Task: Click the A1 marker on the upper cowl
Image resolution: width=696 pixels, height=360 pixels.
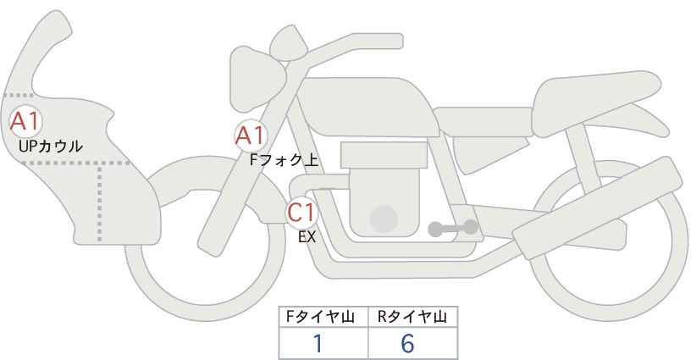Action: (25, 121)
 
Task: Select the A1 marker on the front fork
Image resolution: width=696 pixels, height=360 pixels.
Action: (251, 136)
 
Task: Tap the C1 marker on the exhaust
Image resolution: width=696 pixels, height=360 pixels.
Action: (301, 212)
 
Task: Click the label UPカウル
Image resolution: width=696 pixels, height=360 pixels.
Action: (51, 146)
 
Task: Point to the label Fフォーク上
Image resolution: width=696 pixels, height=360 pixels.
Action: (284, 159)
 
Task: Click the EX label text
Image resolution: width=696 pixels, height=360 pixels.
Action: (307, 237)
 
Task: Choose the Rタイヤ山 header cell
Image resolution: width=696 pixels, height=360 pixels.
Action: (413, 317)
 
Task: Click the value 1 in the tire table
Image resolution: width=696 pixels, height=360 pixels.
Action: (318, 343)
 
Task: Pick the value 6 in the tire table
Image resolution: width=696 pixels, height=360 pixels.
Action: (407, 343)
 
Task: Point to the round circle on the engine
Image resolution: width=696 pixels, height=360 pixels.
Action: (384, 219)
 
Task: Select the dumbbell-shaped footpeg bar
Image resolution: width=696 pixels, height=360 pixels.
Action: (453, 228)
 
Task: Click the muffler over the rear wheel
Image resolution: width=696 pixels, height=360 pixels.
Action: (597, 208)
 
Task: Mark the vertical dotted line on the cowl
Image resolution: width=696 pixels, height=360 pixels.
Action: (99, 202)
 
